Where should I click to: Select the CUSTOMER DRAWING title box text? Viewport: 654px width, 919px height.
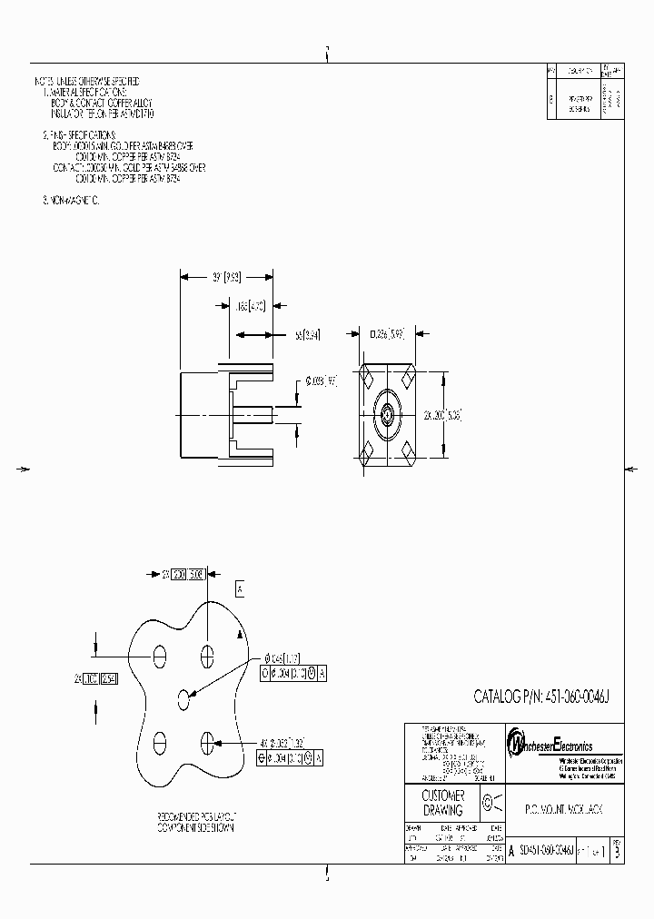pyautogui.click(x=442, y=803)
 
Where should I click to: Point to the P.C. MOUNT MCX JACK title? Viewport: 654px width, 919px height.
pyautogui.click(x=562, y=806)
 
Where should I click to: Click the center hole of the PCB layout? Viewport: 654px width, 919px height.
pyautogui.click(x=185, y=698)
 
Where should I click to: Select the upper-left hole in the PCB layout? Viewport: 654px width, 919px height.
pyautogui.click(x=160, y=656)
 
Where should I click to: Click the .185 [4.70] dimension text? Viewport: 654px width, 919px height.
pyautogui.click(x=250, y=306)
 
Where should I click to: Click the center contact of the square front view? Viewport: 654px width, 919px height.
pyautogui.click(x=387, y=415)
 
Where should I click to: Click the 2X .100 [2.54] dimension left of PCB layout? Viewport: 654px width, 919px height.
pyautogui.click(x=95, y=678)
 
